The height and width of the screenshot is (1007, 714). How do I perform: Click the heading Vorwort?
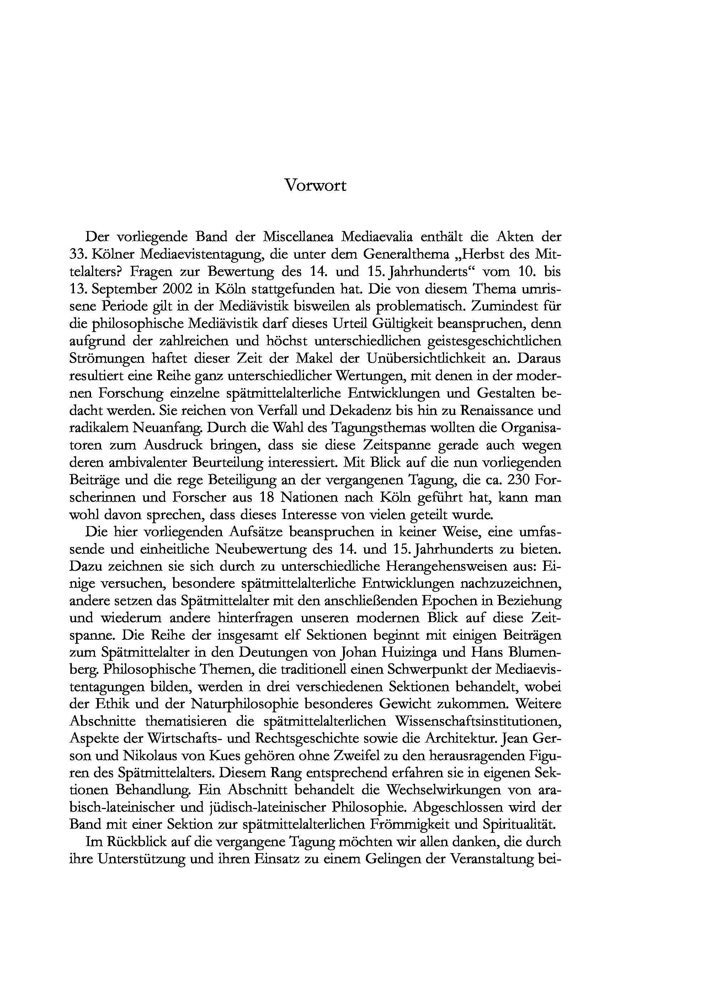[x=315, y=186]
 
